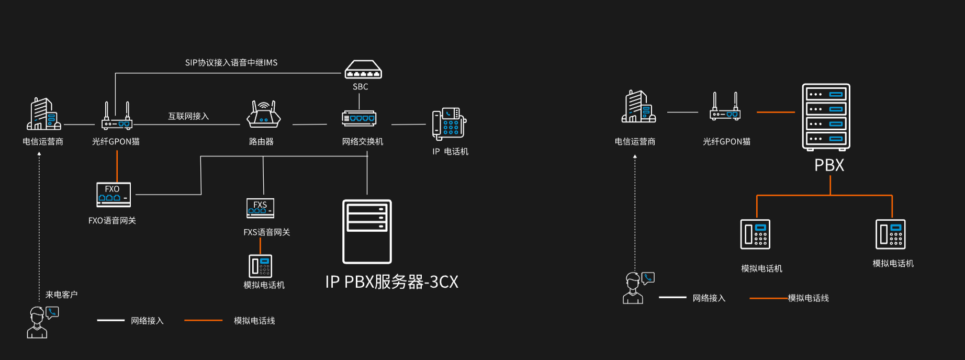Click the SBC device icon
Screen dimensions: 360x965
(x=363, y=70)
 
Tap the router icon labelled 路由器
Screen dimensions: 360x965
(x=263, y=115)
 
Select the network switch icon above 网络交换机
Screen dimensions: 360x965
(x=359, y=118)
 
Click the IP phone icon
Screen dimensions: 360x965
(x=448, y=124)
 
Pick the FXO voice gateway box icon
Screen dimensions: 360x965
(x=113, y=195)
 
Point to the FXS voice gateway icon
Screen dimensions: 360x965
(x=260, y=208)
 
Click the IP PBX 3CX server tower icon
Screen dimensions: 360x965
(x=367, y=231)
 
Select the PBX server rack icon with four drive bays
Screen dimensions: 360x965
(x=826, y=117)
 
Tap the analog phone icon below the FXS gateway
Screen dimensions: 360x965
(x=260, y=266)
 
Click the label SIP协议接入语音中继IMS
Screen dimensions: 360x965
(x=231, y=63)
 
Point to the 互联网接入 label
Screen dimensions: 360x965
(x=188, y=116)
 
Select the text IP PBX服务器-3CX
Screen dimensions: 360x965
(x=391, y=282)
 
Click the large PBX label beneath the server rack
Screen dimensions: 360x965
(x=829, y=165)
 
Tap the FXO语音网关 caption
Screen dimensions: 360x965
(x=112, y=221)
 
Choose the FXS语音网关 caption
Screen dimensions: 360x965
(x=266, y=232)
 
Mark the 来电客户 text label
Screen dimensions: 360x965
(x=61, y=295)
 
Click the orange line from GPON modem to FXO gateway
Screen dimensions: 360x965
(x=117, y=166)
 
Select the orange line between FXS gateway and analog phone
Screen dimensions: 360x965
(x=260, y=245)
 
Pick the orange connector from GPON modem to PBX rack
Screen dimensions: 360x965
(x=776, y=112)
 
